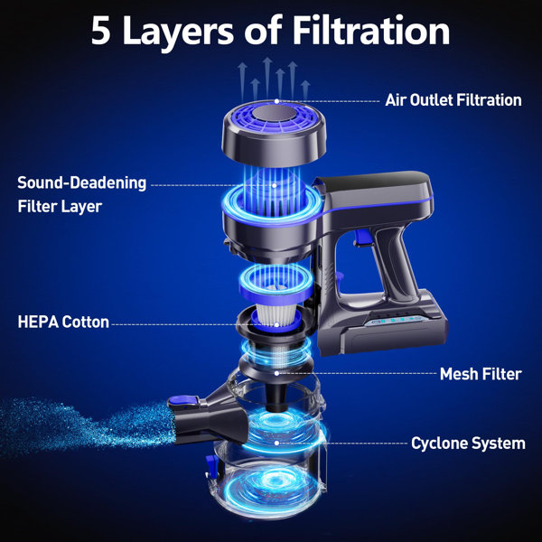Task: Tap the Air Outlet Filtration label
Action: [x=453, y=100]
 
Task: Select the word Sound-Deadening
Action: [x=81, y=182]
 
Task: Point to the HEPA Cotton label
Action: [x=63, y=322]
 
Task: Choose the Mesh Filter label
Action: [x=480, y=373]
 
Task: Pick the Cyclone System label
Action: [x=468, y=444]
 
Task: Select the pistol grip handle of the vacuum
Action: [x=388, y=262]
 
